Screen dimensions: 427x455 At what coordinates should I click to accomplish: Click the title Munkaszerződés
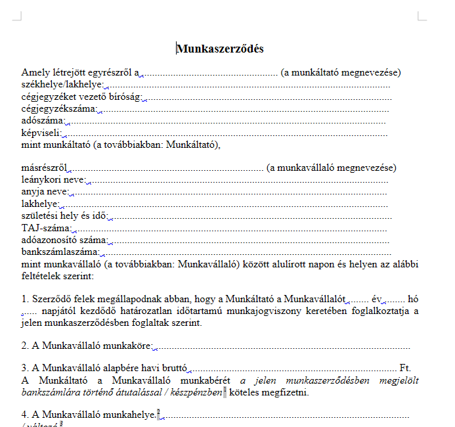click(220, 49)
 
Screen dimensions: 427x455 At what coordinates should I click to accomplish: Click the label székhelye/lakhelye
click(62, 85)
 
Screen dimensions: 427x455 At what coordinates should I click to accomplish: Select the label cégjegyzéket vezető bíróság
click(81, 97)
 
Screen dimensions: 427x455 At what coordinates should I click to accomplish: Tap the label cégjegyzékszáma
click(58, 108)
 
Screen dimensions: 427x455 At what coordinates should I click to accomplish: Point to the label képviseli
click(41, 133)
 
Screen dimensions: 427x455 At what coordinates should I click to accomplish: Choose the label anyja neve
click(45, 192)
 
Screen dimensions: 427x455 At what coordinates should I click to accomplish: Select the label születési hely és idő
click(63, 216)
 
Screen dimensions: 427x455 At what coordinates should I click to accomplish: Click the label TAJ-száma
click(46, 228)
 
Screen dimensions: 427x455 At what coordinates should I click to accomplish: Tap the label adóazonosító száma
click(64, 240)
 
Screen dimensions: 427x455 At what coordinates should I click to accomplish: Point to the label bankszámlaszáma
click(60, 252)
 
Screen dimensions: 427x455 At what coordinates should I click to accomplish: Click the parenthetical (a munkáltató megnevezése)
click(340, 73)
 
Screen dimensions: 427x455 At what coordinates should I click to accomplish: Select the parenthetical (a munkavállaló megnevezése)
click(331, 168)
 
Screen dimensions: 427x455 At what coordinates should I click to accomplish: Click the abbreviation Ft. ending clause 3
click(404, 368)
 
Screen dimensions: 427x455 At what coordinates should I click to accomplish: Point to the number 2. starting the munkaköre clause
click(25, 346)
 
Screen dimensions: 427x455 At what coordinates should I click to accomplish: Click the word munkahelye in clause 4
click(131, 415)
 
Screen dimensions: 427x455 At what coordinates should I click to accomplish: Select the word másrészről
click(46, 168)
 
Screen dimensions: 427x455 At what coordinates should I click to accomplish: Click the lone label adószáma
click(43, 121)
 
